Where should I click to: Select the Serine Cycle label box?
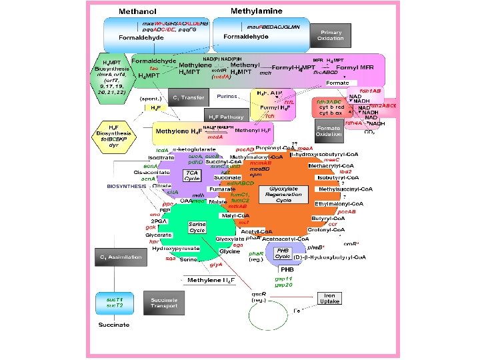point(197,227)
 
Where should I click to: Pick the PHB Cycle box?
point(283,254)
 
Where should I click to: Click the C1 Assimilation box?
point(120,257)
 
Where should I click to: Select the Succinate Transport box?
point(164,303)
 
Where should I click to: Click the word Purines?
point(227,97)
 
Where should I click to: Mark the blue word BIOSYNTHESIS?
point(126,186)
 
